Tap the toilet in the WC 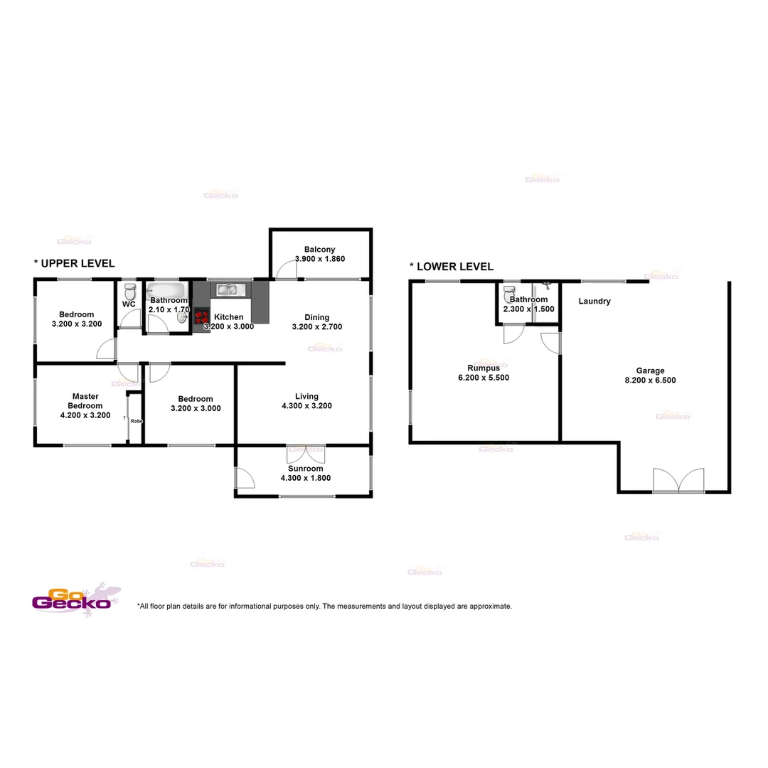(x=129, y=292)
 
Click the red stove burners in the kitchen (x=201, y=318)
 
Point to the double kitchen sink (x=228, y=289)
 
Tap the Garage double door (x=678, y=481)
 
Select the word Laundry (x=594, y=302)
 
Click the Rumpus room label (x=484, y=368)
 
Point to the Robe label (x=136, y=421)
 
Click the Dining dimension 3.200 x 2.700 (x=317, y=327)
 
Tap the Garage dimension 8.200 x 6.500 (x=650, y=380)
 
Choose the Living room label (x=306, y=396)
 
